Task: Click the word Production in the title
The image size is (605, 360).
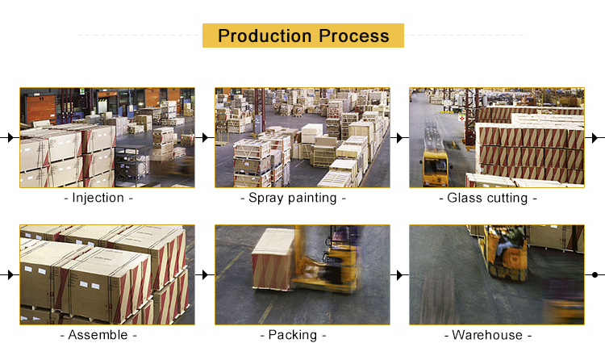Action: [265, 36]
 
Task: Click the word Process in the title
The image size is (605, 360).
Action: [354, 36]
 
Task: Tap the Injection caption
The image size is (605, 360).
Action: [98, 198]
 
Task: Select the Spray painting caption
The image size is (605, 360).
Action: [293, 198]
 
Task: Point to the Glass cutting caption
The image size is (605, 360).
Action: [488, 198]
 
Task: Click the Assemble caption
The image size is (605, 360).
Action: [98, 335]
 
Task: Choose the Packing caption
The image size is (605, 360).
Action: [293, 335]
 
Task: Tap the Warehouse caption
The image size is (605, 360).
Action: [488, 335]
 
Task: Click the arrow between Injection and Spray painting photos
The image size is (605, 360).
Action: [205, 137]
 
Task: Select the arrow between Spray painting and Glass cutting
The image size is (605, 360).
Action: [400, 137]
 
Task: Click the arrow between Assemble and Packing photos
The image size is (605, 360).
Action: [205, 274]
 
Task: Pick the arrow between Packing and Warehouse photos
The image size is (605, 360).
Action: [400, 274]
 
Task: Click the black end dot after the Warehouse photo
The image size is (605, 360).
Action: [595, 274]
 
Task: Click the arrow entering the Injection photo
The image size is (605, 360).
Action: [10, 137]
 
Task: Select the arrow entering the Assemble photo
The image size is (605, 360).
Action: [10, 274]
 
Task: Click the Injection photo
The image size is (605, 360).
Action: [107, 137]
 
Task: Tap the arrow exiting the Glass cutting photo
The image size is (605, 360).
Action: [595, 137]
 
